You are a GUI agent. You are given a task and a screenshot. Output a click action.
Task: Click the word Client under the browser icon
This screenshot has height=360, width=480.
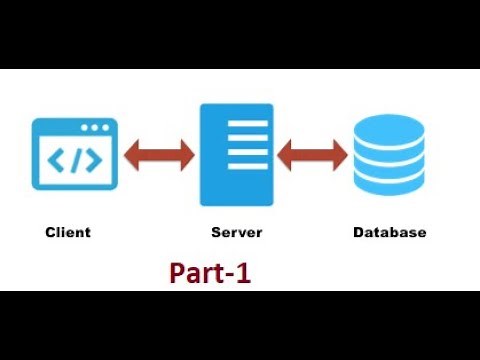click(x=68, y=232)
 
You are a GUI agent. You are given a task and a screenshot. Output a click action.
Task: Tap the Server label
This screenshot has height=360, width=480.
click(x=237, y=232)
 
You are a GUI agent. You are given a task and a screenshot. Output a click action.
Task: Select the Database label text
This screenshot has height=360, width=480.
click(x=390, y=232)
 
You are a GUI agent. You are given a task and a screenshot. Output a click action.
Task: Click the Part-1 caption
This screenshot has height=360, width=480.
click(x=210, y=273)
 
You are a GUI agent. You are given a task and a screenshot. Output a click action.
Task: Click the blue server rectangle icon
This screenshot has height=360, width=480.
click(x=236, y=154)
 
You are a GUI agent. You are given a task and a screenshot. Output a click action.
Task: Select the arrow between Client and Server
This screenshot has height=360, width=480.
click(x=159, y=156)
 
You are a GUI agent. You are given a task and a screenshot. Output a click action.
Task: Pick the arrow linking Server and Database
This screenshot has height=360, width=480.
click(x=313, y=156)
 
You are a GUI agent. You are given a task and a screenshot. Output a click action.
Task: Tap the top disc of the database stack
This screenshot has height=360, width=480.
click(x=389, y=127)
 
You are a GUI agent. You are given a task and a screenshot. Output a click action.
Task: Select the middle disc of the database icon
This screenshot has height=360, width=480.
click(x=389, y=158)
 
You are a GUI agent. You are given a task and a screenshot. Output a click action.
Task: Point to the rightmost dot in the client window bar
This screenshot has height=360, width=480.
click(x=105, y=128)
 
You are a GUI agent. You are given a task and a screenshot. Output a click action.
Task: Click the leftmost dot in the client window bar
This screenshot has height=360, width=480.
click(x=85, y=128)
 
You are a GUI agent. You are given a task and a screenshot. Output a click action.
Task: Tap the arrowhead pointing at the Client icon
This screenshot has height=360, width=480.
click(x=131, y=156)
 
